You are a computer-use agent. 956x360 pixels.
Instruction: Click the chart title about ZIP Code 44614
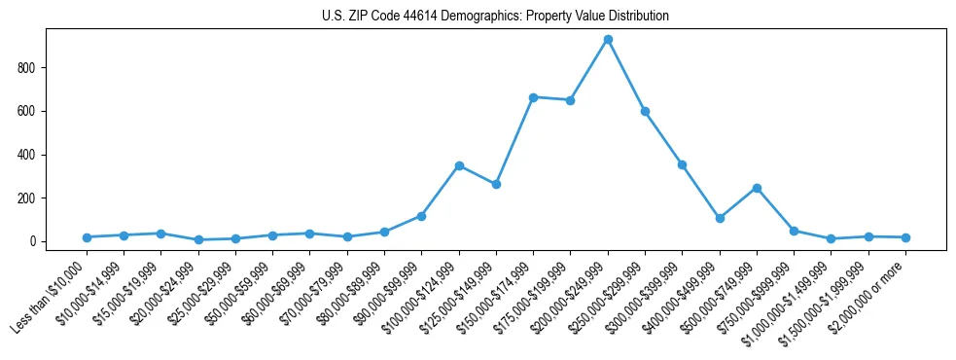coord(495,17)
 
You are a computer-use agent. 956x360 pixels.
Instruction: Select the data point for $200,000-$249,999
coord(608,40)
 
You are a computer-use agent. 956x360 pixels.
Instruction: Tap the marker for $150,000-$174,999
coord(533,97)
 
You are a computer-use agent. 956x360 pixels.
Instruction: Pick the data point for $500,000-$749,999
coord(757,188)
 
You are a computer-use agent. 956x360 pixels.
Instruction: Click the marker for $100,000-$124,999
coord(459,165)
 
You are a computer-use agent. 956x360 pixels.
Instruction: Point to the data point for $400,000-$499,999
coord(720,218)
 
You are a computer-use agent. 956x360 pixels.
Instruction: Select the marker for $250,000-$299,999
coord(645,111)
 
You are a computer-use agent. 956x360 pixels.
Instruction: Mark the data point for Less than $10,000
coord(87,237)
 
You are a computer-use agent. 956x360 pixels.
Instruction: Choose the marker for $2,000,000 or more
coord(905,237)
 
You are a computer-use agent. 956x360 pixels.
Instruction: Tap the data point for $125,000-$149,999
coord(496,184)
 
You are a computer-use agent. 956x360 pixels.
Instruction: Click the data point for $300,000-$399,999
coord(682,164)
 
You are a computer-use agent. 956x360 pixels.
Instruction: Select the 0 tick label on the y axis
coord(33,241)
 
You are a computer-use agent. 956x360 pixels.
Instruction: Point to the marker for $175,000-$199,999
coord(570,100)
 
